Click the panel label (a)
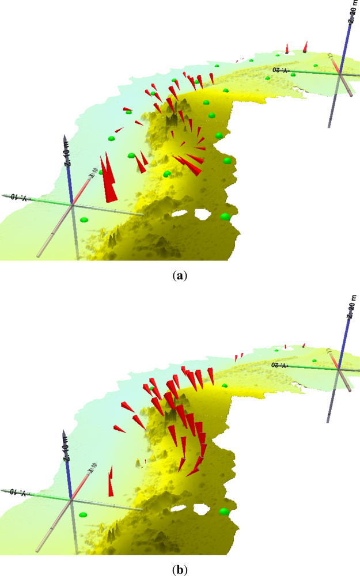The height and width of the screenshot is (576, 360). coord(180,276)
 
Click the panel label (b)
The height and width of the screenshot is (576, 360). coord(180,569)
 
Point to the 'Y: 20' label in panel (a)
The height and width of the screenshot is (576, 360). coord(280,69)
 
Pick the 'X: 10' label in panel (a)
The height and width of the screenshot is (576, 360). coord(90,173)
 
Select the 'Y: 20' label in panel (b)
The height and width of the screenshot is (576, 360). coord(280,365)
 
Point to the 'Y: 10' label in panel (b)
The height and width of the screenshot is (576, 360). coord(19,491)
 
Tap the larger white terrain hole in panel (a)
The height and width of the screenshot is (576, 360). coord(203,214)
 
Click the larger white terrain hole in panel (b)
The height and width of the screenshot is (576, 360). coord(202,509)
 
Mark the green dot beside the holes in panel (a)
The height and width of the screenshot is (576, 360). coord(225,217)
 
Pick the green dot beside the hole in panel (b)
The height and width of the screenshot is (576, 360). coord(224,511)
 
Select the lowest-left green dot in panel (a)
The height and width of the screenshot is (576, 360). coord(85,219)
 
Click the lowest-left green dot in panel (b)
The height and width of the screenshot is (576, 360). coord(84,514)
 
